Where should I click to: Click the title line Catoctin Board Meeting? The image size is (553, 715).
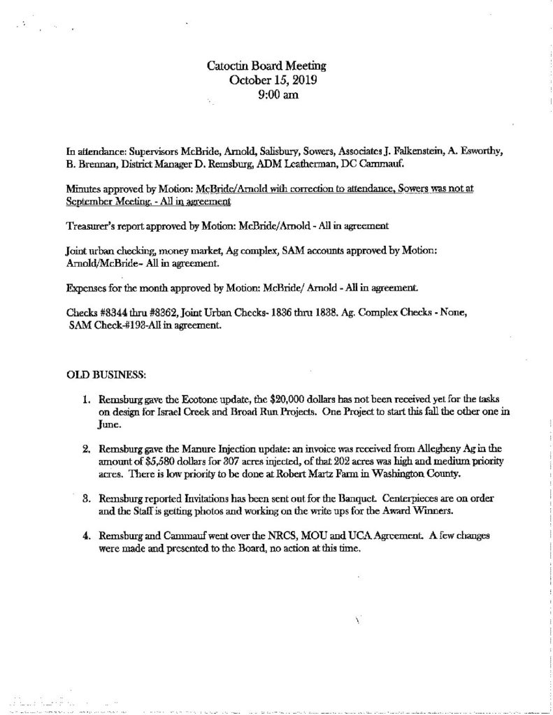(x=267, y=66)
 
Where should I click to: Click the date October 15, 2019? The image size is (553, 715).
(x=268, y=80)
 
